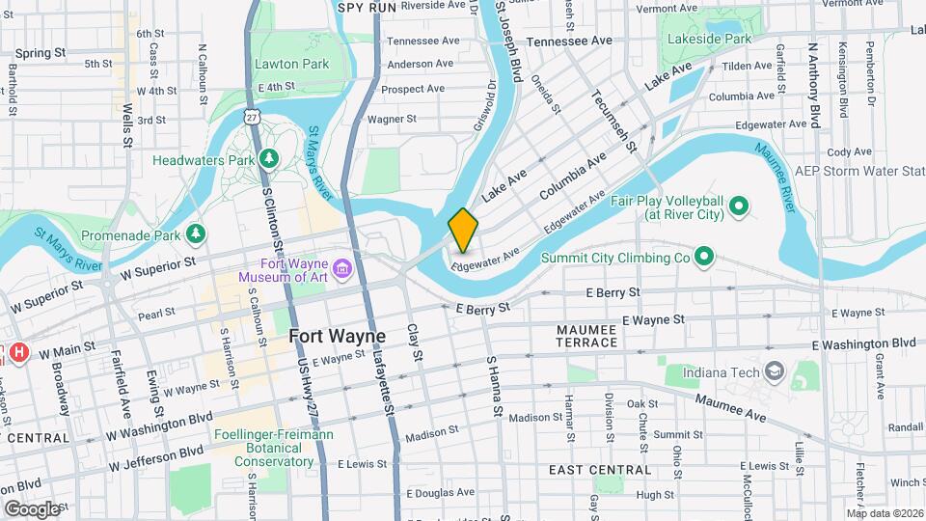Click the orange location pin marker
pos(463,230)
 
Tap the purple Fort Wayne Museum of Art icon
pos(341,267)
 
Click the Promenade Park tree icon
pos(197,233)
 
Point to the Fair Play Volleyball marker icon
pos(739,205)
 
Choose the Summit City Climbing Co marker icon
pos(704,257)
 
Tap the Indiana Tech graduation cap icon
pos(774,371)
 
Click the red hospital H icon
pos(17,353)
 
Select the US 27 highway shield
pos(252,117)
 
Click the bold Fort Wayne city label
pos(338,337)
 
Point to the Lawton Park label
pos(292,64)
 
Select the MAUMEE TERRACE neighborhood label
pos(586,336)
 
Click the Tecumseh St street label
pos(614,121)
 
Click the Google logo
pos(32,507)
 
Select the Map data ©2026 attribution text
pos(884,513)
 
